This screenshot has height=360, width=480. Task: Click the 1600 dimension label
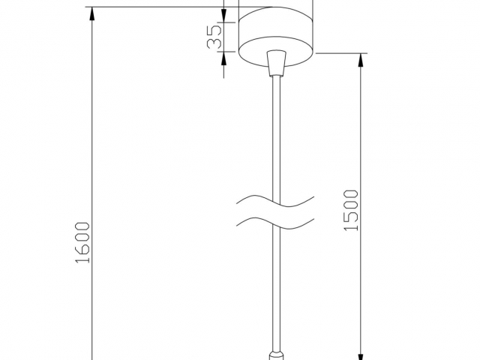click(82, 242)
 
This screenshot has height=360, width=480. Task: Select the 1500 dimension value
click(351, 210)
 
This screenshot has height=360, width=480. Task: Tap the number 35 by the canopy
click(214, 37)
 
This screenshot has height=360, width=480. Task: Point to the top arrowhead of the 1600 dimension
click(91, 13)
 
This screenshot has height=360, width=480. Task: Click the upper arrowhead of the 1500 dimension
click(361, 60)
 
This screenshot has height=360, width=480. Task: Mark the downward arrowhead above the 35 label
click(223, 16)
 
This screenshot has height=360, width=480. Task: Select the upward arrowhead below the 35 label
click(223, 58)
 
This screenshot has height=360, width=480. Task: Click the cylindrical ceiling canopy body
click(276, 36)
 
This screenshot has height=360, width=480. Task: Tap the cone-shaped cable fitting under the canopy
click(276, 63)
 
